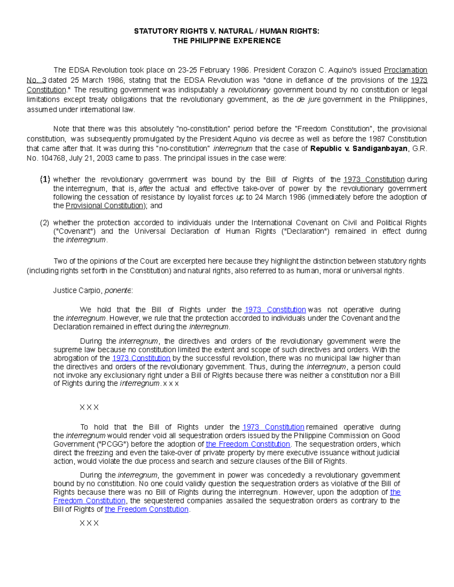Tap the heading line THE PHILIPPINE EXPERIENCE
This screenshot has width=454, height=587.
click(x=227, y=41)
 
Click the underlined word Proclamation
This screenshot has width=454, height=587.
click(x=405, y=70)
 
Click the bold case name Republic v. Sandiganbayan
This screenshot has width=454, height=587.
click(x=359, y=149)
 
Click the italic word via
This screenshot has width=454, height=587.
click(x=264, y=139)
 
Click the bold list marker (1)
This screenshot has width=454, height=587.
click(x=45, y=180)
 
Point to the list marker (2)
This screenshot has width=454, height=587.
click(x=45, y=223)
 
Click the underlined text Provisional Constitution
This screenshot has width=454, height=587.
click(x=104, y=206)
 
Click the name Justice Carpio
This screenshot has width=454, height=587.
click(x=78, y=290)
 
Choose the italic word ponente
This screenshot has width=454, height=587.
click(x=118, y=290)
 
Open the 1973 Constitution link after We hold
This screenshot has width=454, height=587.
click(x=275, y=310)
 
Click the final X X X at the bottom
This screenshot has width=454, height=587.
click(x=89, y=523)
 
